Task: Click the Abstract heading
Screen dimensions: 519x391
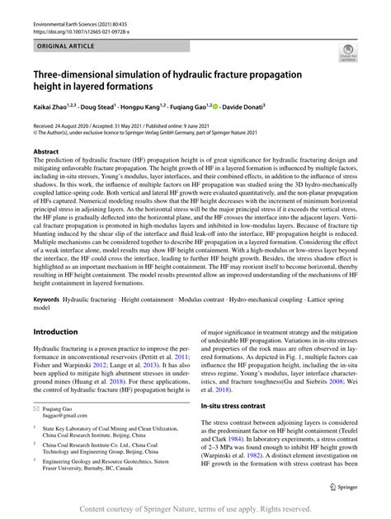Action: coord(46,153)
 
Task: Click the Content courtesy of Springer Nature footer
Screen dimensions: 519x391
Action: coord(195,508)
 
